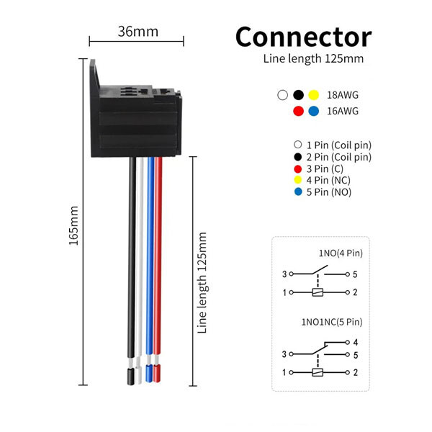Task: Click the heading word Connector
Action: tap(303, 37)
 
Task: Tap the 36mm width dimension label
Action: tap(138, 32)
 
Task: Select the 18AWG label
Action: tap(343, 95)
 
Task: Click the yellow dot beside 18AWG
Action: tap(313, 95)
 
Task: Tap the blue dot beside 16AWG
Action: tap(313, 111)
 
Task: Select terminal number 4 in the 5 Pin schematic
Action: tap(356, 342)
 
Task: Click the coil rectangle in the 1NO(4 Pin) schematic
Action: tap(317, 292)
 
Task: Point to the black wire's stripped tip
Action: tap(132, 375)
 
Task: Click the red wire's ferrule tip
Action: tap(158, 374)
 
